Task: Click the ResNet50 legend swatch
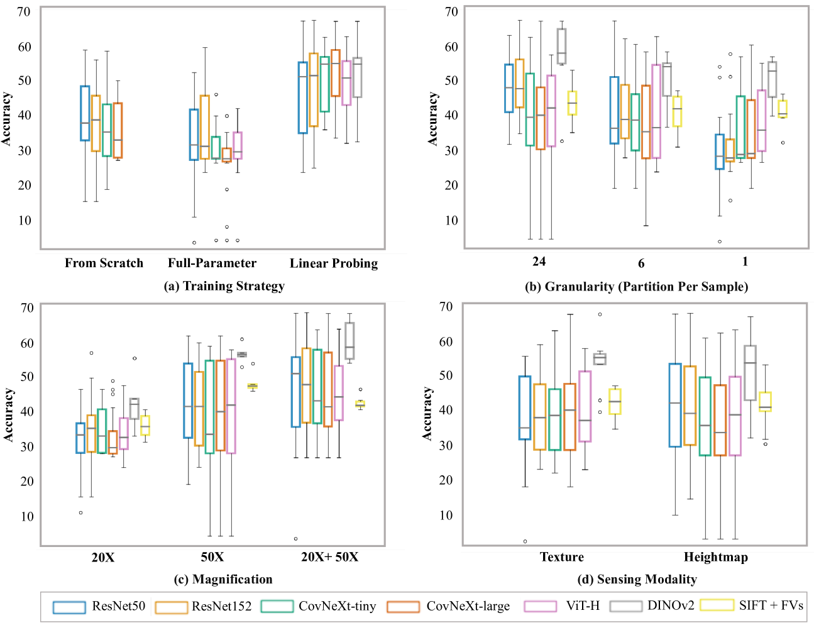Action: [x=69, y=607]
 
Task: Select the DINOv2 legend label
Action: [x=671, y=606]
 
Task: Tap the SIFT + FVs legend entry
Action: [x=771, y=605]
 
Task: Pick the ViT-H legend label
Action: [x=583, y=606]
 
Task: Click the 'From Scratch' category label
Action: [x=104, y=263]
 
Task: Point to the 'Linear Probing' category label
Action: [x=334, y=263]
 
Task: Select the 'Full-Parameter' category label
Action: [x=212, y=263]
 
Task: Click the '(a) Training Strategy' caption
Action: [x=224, y=286]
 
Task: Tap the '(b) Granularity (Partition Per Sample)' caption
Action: [x=636, y=287]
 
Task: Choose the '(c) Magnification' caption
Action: [x=224, y=579]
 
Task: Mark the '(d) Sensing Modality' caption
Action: [x=637, y=579]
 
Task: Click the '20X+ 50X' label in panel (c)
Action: [x=329, y=557]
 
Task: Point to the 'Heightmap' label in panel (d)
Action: [x=716, y=557]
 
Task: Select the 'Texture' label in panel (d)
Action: [x=562, y=557]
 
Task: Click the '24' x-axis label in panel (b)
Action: [x=539, y=262]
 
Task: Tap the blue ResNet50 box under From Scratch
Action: [x=85, y=113]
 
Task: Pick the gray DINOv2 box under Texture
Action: [x=600, y=359]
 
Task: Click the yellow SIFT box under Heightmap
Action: [x=765, y=402]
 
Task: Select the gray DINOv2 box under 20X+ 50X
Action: [x=349, y=341]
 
